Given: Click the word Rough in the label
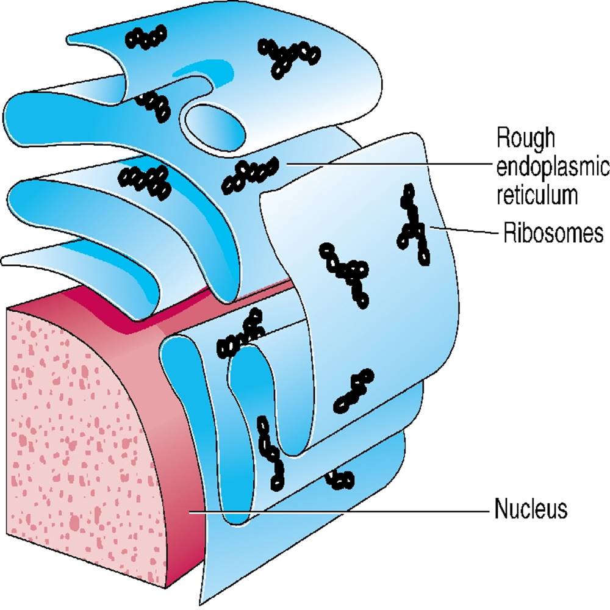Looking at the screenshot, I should [526, 139].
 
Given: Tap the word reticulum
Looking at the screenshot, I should [537, 196].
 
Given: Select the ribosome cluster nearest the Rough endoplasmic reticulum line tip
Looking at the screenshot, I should [250, 175].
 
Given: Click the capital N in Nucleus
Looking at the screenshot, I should [500, 508].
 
